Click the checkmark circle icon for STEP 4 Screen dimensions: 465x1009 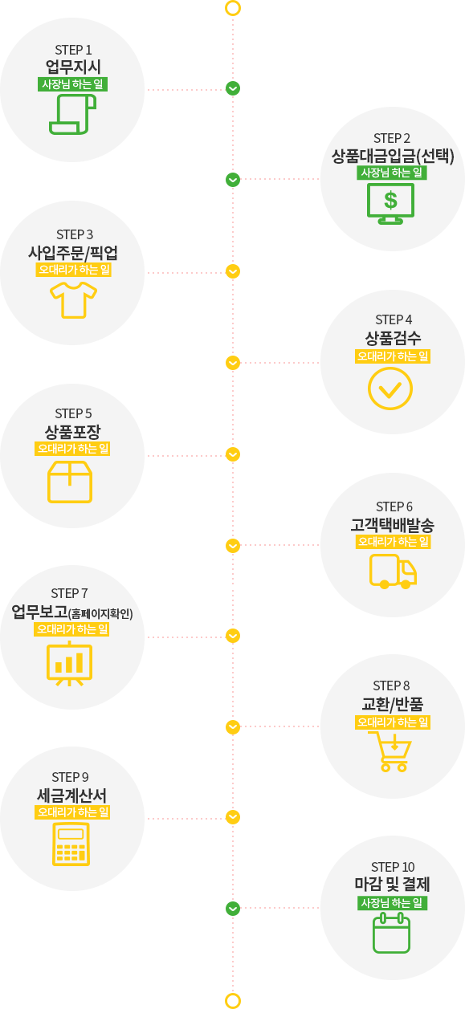click(390, 389)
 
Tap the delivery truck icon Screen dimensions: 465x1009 click(393, 572)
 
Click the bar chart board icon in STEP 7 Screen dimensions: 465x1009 click(69, 663)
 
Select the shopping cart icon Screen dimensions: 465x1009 click(390, 751)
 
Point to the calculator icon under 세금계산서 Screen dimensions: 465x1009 click(71, 844)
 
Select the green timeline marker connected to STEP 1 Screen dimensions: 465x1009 click(233, 88)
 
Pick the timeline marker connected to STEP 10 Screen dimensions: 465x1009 click(233, 909)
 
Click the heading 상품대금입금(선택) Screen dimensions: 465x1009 click(393, 156)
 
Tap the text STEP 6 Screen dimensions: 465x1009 click(394, 507)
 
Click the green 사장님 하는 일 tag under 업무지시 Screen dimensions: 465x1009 click(72, 84)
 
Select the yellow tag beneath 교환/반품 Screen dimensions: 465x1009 click(393, 722)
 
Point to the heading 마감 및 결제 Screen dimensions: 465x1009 click(392, 884)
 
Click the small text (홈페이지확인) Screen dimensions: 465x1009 click(100, 614)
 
